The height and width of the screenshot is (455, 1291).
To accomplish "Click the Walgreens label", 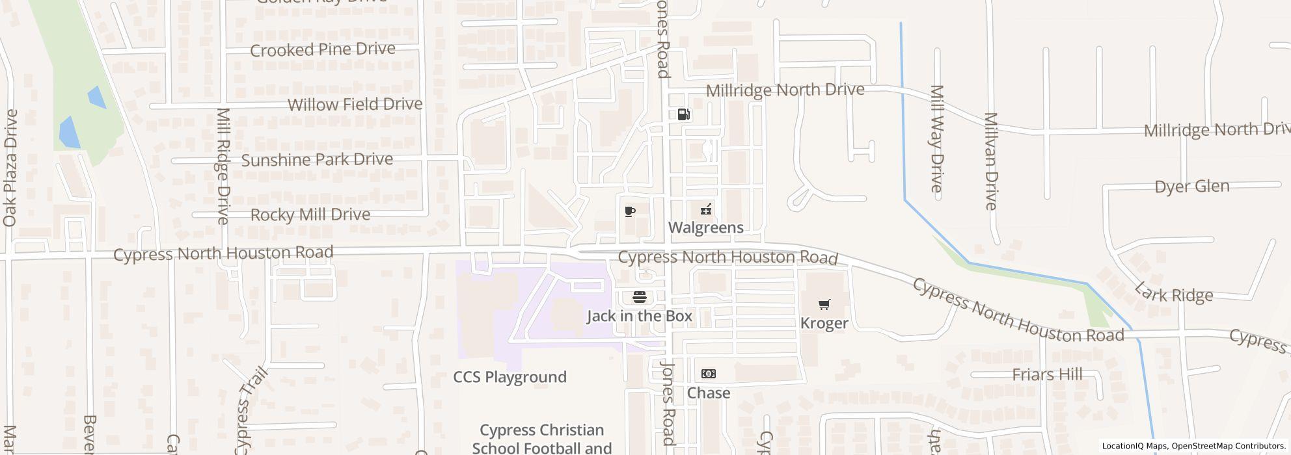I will click(705, 227).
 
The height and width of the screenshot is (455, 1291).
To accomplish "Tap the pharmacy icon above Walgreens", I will click(705, 210).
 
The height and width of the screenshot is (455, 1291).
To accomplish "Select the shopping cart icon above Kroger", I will click(824, 304).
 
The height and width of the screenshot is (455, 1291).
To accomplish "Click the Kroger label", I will click(824, 323).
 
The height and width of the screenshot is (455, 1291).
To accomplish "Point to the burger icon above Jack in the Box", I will click(639, 298).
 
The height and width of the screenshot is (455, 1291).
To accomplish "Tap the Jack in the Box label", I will click(639, 316).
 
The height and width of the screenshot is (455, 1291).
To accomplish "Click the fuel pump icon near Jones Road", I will click(683, 115).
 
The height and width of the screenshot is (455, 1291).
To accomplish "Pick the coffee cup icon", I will click(629, 211).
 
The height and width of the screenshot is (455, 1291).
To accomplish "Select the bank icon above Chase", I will click(708, 374).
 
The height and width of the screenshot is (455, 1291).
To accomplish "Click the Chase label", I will click(708, 393).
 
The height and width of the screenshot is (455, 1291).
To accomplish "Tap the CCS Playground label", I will click(510, 377).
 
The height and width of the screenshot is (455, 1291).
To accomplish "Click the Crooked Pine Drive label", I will click(322, 50).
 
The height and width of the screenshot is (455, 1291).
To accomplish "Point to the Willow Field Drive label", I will click(355, 105).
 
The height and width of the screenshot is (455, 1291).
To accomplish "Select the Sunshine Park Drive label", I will click(317, 160).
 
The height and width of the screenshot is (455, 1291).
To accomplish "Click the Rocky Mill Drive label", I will click(310, 215).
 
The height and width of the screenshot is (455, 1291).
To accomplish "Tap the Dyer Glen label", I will click(1191, 187).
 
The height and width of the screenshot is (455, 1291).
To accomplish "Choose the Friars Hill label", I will click(1047, 374).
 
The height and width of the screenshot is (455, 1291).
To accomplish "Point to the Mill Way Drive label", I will click(936, 138).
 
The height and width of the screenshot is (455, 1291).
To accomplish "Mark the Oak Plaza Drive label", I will click(10, 168).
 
